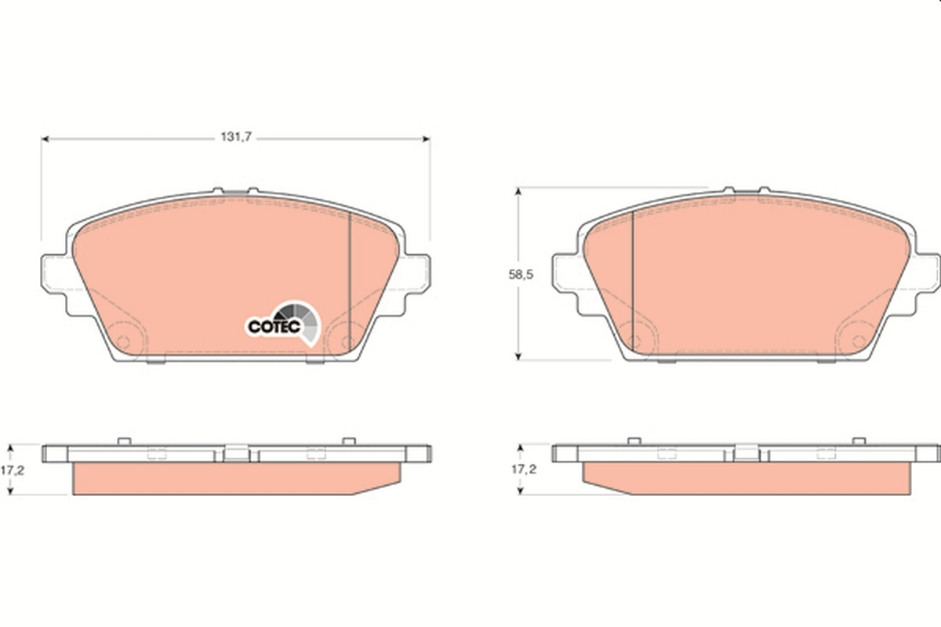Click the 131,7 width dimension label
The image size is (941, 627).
pyautogui.click(x=236, y=137)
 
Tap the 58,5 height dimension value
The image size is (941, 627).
pyautogui.click(x=521, y=274)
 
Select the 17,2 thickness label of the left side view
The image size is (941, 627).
pyautogui.click(x=13, y=470)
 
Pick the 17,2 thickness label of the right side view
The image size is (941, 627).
pyautogui.click(x=524, y=469)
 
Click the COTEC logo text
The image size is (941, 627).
pyautogui.click(x=274, y=327)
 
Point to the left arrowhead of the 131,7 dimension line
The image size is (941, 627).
pyautogui.click(x=45, y=139)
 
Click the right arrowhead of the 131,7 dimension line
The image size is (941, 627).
pyautogui.click(x=426, y=139)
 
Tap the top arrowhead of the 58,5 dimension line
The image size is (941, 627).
pyautogui.click(x=518, y=192)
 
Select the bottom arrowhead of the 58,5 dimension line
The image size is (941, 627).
pyautogui.click(x=518, y=356)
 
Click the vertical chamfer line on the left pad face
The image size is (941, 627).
pyautogui.click(x=350, y=284)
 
